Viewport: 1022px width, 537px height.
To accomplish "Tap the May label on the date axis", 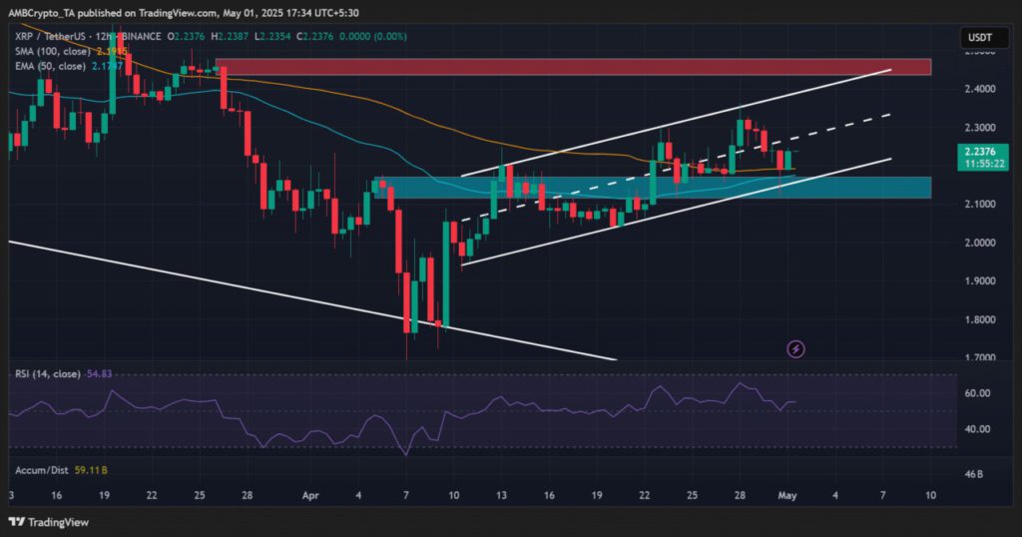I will tap(786, 494).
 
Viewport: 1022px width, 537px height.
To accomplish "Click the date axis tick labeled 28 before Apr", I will tap(247, 494).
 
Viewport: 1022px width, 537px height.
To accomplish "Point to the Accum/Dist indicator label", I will tap(40, 468).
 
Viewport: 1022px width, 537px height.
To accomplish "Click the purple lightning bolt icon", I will tap(796, 348).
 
